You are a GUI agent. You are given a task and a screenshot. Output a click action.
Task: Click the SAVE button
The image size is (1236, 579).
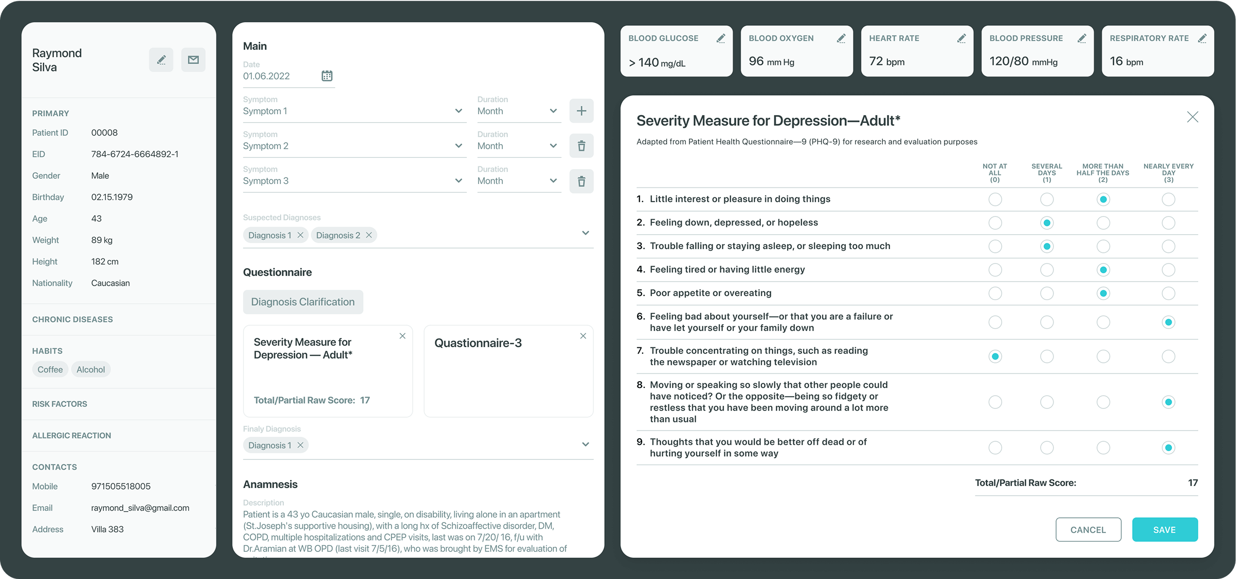[x=1165, y=530]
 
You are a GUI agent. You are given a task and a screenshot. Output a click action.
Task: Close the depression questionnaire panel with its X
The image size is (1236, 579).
[x=1192, y=117]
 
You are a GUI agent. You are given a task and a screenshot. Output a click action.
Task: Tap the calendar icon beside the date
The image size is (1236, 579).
[x=327, y=76]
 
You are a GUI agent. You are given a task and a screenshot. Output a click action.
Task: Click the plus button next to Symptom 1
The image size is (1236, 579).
[x=581, y=111]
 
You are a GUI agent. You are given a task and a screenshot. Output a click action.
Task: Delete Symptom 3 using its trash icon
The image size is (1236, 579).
[x=581, y=181]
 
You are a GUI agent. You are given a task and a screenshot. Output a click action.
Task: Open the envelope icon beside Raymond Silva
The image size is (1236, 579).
[x=193, y=60]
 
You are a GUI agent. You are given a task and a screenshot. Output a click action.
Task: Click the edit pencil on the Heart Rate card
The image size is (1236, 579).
[x=961, y=39]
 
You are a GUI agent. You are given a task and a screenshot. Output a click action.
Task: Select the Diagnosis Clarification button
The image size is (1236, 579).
[x=303, y=302]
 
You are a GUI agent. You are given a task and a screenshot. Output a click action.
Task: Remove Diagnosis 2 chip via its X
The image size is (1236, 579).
[x=369, y=235]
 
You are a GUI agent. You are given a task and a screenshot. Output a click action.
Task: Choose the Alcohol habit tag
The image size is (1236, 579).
[x=90, y=369]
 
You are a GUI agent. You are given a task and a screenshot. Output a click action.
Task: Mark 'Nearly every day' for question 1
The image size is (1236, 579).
[x=1168, y=199]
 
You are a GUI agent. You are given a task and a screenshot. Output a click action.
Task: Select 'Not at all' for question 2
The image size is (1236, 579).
[x=995, y=223]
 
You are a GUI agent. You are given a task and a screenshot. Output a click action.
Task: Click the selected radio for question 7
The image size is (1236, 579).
[x=995, y=357]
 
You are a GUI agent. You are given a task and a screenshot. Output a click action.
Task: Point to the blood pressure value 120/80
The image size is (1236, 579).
[x=1009, y=62]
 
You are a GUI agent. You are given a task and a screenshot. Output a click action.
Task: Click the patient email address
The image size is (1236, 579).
[x=140, y=508]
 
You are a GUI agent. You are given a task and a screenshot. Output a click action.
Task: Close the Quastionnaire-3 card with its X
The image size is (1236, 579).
[x=583, y=336]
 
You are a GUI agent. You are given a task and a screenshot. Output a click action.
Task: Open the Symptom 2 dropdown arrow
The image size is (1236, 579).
[x=459, y=146]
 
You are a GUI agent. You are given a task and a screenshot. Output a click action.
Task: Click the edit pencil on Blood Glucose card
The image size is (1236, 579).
[x=720, y=39]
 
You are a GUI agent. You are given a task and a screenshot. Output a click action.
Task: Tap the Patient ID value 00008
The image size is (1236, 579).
[x=104, y=133]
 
